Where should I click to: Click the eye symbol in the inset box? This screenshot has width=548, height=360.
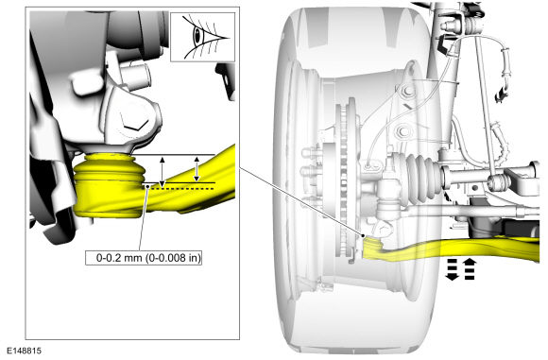(203, 37)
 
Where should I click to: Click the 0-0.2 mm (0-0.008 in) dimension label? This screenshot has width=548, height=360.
(144, 258)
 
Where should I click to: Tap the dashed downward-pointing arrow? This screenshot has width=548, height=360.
(452, 269)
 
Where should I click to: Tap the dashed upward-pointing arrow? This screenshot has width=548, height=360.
(471, 268)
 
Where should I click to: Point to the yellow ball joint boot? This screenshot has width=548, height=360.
(109, 168)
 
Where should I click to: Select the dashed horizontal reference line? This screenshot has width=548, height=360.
(182, 189)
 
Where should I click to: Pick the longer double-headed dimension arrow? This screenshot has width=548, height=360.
(162, 172)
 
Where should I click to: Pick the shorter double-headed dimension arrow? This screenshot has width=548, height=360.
(197, 169)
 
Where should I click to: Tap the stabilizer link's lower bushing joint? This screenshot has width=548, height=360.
(498, 181)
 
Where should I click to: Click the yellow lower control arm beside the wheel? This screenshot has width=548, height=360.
(451, 249)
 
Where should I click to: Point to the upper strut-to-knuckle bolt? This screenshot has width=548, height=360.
(406, 92)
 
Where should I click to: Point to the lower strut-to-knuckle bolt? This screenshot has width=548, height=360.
(402, 131)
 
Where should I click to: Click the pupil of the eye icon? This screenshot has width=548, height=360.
(197, 35)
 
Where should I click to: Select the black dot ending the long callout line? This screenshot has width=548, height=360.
(364, 235)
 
